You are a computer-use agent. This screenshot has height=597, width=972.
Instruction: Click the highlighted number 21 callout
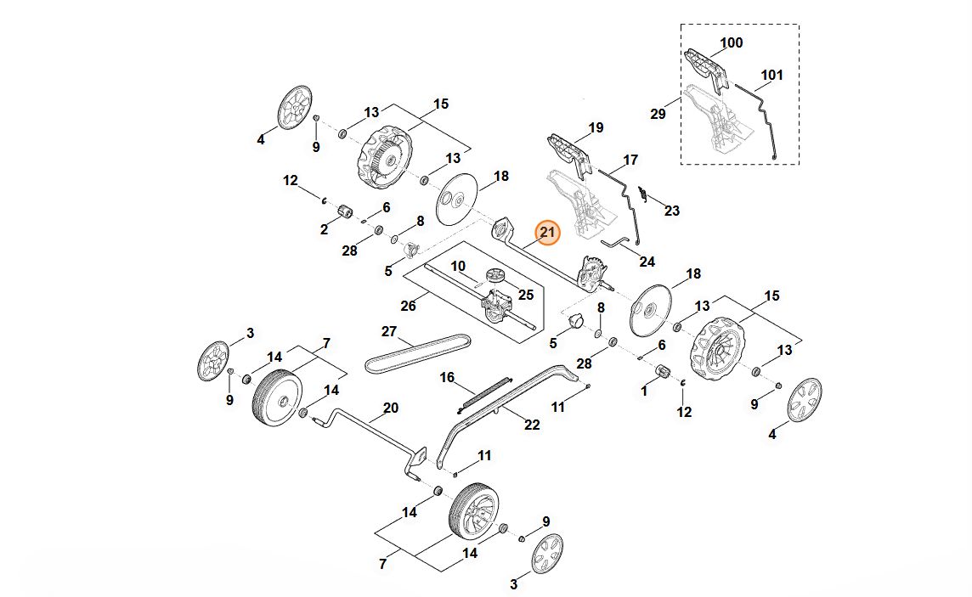point(547,232)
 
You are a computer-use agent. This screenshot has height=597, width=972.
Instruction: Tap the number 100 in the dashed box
point(731,42)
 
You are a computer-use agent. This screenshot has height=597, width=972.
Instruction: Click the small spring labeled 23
point(643,195)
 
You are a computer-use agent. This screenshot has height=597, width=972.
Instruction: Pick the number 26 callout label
point(409,306)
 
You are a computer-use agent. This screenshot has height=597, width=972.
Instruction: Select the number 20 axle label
point(390,408)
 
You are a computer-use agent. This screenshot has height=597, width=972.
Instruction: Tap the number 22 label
point(532,425)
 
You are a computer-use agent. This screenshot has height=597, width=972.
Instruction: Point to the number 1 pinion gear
point(664,373)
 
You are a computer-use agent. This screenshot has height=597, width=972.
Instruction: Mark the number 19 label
point(596,127)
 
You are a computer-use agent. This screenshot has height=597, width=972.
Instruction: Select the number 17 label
point(630,160)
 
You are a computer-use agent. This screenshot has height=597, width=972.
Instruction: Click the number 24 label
point(647,262)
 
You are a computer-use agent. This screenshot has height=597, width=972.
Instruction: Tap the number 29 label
point(658,114)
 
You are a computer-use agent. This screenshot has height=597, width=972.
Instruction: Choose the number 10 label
point(458,266)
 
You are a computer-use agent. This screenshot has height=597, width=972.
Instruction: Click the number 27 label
point(389,330)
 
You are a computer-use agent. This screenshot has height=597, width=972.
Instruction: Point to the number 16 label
point(447,376)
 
